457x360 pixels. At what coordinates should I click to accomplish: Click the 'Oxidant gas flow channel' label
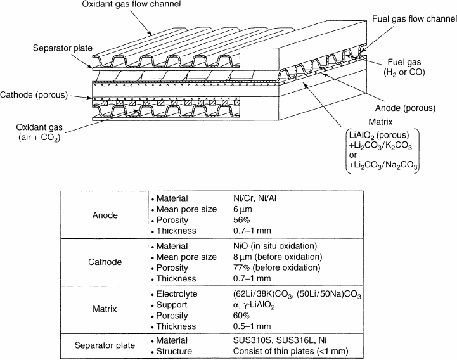tap(131, 4)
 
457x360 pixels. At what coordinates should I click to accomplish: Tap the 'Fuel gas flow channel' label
tap(415, 19)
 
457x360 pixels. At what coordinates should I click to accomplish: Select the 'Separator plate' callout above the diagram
tap(62, 48)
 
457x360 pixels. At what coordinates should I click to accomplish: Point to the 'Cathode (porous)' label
tap(34, 94)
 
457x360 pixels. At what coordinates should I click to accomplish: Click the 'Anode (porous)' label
tap(405, 108)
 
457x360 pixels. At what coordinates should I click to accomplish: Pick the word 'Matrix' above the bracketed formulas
tap(380, 122)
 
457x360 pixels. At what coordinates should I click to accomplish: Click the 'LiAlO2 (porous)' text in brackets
tap(379, 135)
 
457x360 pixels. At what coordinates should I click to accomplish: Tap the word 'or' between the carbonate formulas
tap(352, 155)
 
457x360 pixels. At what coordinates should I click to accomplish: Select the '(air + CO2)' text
tap(39, 138)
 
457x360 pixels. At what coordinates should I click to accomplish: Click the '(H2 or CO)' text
tap(404, 72)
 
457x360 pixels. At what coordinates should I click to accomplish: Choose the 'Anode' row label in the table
tap(105, 215)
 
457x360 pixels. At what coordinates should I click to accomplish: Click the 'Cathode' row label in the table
tap(105, 262)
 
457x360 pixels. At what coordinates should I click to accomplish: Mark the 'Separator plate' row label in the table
tap(105, 345)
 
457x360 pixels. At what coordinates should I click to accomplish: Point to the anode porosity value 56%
tap(241, 220)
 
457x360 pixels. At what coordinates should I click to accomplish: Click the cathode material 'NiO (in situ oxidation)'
tap(275, 246)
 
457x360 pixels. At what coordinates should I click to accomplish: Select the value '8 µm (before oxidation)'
tap(278, 257)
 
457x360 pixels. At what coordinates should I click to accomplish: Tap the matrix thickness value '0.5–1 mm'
tap(252, 326)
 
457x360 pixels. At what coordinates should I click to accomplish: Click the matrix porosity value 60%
tap(241, 316)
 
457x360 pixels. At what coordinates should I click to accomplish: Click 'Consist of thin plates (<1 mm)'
tap(290, 351)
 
